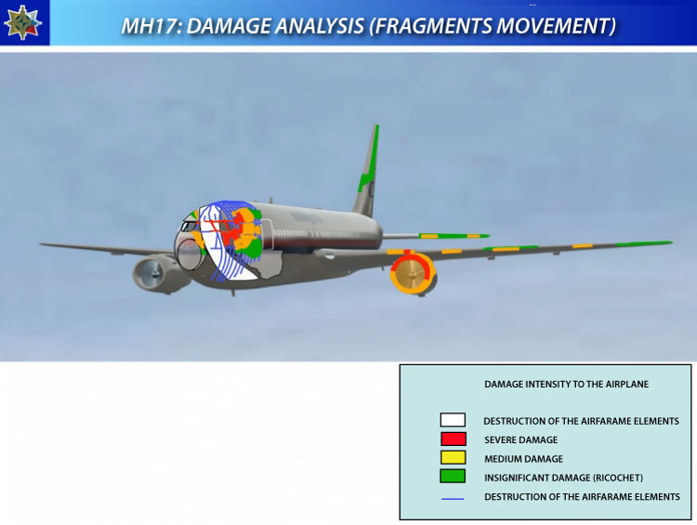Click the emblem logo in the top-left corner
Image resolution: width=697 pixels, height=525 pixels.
pyautogui.click(x=22, y=22)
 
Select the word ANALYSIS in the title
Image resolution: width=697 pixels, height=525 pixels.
pyautogui.click(x=320, y=26)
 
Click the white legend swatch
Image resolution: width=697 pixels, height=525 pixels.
pyautogui.click(x=453, y=420)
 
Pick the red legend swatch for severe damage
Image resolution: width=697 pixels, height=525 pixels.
pyautogui.click(x=453, y=439)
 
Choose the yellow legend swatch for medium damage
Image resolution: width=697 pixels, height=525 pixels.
pyautogui.click(x=453, y=457)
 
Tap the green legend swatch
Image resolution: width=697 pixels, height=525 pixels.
pyautogui.click(x=453, y=476)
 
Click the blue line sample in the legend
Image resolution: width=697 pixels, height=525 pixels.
pyautogui.click(x=453, y=499)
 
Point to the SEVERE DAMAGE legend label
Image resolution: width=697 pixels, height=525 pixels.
pyautogui.click(x=521, y=440)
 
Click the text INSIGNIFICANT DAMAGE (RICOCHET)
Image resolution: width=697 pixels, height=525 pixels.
pyautogui.click(x=564, y=478)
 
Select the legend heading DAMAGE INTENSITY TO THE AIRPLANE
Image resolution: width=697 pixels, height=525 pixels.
pyautogui.click(x=566, y=384)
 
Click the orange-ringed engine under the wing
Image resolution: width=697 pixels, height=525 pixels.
pyautogui.click(x=413, y=273)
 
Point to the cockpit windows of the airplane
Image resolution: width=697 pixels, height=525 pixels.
pyautogui.click(x=189, y=226)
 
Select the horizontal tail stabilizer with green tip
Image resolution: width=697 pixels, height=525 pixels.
pyautogui.click(x=436, y=236)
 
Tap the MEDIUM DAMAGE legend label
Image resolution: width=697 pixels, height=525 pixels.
pyautogui.click(x=523, y=459)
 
